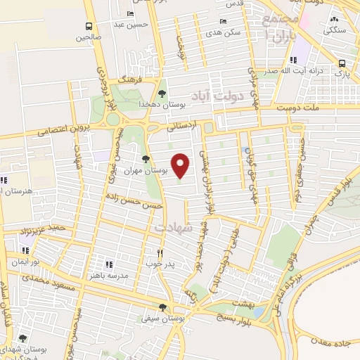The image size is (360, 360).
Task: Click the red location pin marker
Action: [x=181, y=165]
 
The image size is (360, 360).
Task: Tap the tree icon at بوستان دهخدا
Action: [x=162, y=93]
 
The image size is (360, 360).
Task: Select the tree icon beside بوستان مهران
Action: [x=146, y=159]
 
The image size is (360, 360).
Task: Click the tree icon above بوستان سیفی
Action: [x=163, y=307]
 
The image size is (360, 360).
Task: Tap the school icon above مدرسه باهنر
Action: [x=109, y=264]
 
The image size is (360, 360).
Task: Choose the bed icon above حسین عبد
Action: [x=130, y=14]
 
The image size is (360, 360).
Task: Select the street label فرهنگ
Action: [x=131, y=81]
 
